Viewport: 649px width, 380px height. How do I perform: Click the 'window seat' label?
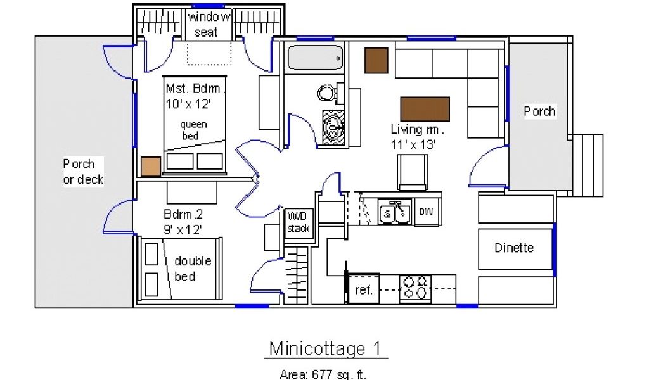[x=209, y=24]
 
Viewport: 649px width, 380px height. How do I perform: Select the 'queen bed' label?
[x=193, y=130]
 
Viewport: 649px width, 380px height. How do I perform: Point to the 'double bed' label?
[x=193, y=269]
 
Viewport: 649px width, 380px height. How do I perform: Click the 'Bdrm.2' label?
[x=183, y=214]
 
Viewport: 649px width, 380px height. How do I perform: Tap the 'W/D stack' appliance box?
[x=299, y=223]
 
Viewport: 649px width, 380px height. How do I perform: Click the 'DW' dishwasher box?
[x=427, y=212]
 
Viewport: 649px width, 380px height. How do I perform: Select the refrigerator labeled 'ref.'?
[x=363, y=289]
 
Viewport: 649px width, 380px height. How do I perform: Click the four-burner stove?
[x=415, y=288]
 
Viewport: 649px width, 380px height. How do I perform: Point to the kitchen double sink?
[x=395, y=212]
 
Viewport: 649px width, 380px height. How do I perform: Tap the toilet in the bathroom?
[x=328, y=92]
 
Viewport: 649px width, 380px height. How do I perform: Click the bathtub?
[x=316, y=58]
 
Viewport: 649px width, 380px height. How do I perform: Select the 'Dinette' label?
[x=514, y=248]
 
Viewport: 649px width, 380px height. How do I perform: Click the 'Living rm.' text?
[x=417, y=129]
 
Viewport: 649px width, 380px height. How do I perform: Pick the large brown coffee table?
[x=425, y=109]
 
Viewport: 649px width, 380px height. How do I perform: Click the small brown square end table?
[x=376, y=61]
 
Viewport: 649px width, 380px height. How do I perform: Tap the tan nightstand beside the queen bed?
[x=151, y=167]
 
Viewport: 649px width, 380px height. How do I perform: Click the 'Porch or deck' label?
[x=83, y=172]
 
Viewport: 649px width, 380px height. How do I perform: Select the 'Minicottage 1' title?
[x=325, y=348]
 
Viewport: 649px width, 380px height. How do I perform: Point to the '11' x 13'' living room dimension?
[x=413, y=144]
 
